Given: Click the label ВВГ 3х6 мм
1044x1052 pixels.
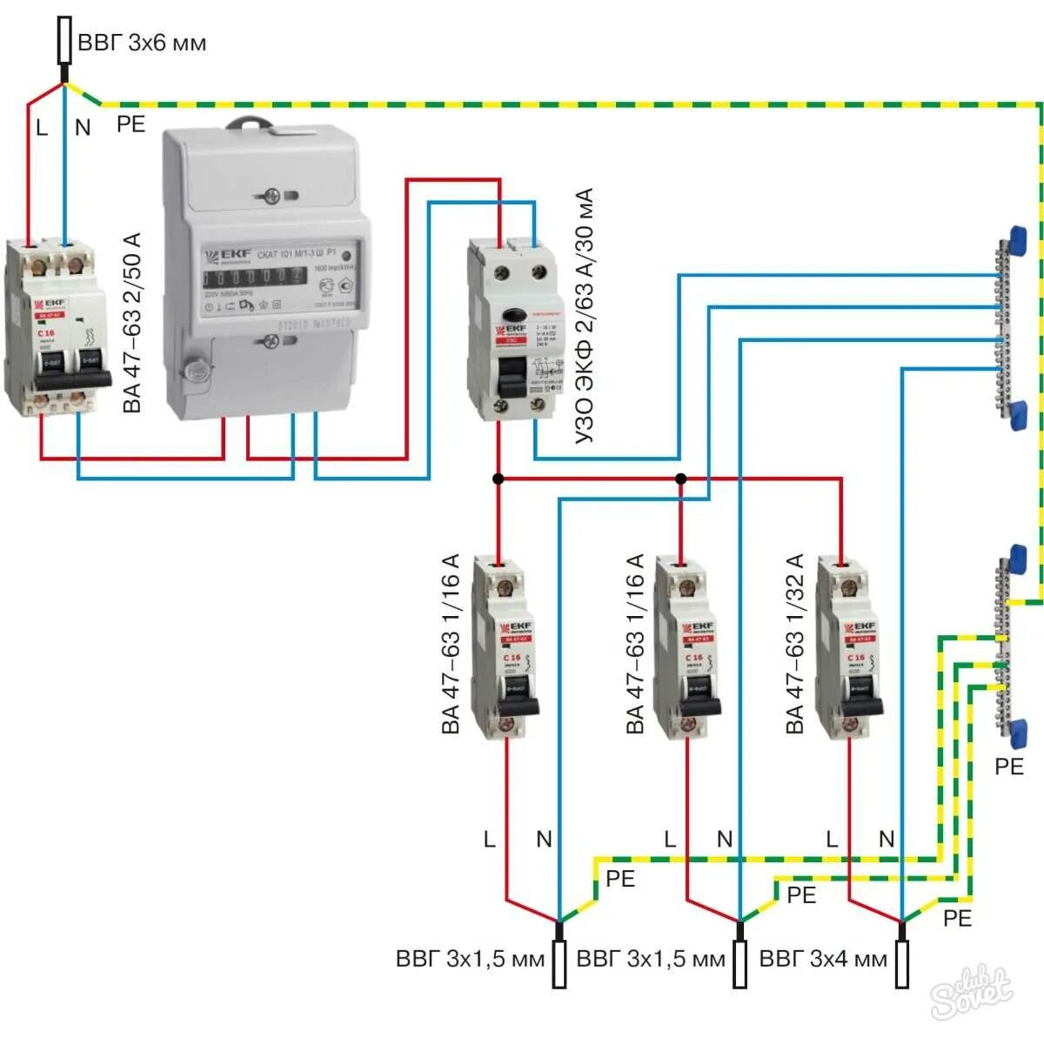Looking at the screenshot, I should click(142, 43).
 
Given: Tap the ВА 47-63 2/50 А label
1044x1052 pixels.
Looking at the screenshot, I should click(132, 323).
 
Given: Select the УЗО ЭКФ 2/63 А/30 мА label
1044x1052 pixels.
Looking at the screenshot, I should click(585, 316).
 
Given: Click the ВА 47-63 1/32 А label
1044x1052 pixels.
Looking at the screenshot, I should click(795, 644).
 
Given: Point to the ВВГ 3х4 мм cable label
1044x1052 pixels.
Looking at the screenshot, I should click(823, 959).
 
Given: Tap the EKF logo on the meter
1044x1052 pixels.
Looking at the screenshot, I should click(228, 255).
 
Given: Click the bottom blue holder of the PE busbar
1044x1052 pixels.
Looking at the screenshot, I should click(1015, 732).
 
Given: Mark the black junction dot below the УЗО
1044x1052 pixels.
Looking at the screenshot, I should click(498, 479).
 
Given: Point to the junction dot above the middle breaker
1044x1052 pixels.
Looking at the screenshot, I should click(681, 479).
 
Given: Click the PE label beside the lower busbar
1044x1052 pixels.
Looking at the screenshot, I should click(1009, 766).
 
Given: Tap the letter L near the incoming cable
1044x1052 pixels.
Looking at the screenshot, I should click(42, 128).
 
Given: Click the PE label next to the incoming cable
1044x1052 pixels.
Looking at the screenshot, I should click(130, 124).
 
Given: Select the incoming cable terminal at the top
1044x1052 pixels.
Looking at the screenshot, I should click(64, 40).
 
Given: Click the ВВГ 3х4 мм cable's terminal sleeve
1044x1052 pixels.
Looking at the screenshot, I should click(902, 964).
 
